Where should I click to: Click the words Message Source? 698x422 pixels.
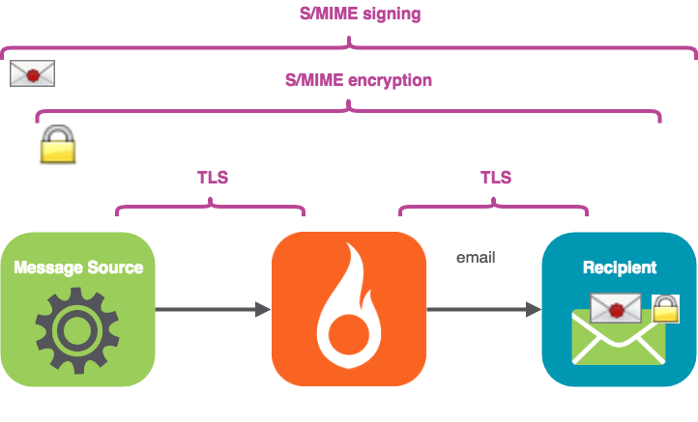click(78, 267)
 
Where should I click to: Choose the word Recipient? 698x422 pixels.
click(620, 267)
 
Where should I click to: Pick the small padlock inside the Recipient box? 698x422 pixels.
click(666, 309)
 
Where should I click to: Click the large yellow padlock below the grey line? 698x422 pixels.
click(57, 147)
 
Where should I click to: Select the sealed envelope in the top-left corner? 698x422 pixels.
click(31, 74)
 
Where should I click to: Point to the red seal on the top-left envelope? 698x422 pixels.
click(32, 74)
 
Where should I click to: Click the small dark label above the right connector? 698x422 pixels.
click(475, 258)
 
